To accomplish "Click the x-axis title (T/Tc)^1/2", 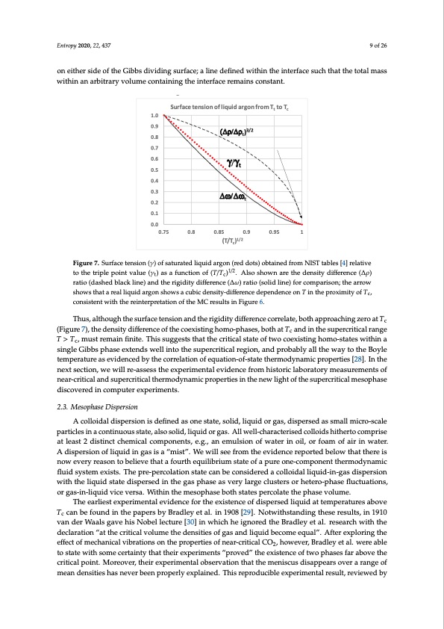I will click(232, 241).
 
